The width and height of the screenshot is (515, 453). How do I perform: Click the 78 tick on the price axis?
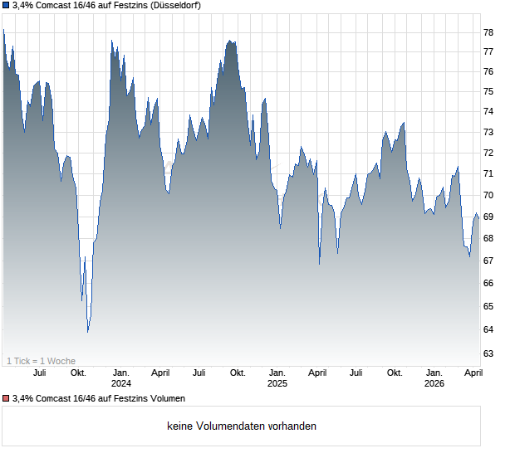[488, 32]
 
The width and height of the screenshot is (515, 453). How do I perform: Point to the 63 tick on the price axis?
[488, 353]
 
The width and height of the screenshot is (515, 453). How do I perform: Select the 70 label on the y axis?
[488, 196]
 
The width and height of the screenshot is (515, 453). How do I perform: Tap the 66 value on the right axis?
[488, 284]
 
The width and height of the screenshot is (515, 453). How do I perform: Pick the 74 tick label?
[488, 112]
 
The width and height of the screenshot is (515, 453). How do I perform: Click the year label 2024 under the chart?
[121, 383]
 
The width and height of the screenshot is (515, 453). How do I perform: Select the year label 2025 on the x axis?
[277, 383]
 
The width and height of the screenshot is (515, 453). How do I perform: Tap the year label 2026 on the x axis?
[434, 383]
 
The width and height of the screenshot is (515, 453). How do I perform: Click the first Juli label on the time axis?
[39, 373]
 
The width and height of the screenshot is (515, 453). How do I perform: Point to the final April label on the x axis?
[472, 373]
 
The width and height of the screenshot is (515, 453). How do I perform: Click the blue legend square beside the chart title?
[7, 5]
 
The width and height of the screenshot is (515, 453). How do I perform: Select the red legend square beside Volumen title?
[7, 399]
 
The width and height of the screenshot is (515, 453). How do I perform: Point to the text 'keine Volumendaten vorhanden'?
[241, 426]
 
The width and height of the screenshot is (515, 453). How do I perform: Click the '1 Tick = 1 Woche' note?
[41, 361]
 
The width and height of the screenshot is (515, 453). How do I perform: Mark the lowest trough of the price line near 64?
[88, 331]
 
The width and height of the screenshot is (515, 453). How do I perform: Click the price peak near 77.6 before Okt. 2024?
[230, 41]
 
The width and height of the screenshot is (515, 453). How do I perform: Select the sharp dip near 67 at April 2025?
[319, 264]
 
